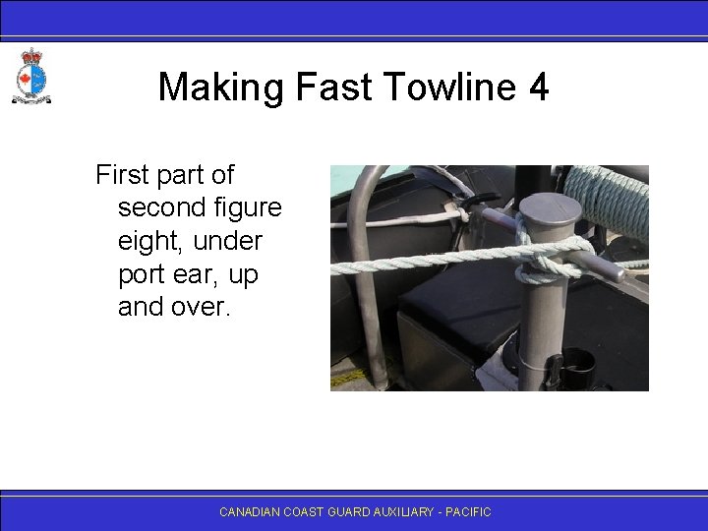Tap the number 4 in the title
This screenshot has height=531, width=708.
[x=538, y=87]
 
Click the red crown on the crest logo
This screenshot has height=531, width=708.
[x=31, y=56]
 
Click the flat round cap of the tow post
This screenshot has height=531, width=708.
[x=551, y=207]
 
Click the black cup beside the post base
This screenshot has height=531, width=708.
[x=576, y=368]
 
